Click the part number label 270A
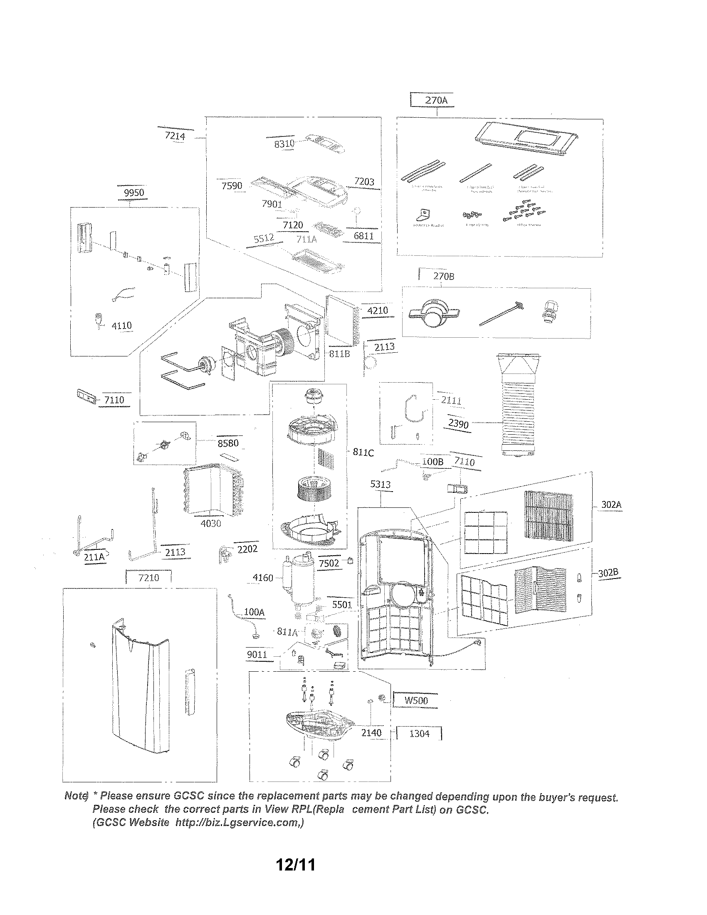click(x=436, y=100)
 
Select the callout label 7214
click(x=175, y=136)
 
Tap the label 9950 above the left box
click(x=134, y=192)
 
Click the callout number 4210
click(x=377, y=310)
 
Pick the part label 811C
click(x=363, y=453)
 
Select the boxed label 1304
click(x=419, y=734)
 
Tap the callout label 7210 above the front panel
click(x=149, y=578)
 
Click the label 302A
click(x=611, y=504)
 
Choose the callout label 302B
click(x=608, y=573)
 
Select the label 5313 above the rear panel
click(x=380, y=484)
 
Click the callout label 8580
click(x=228, y=443)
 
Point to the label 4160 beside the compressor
click(x=262, y=578)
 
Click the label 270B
click(x=444, y=276)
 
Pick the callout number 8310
click(x=284, y=144)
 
